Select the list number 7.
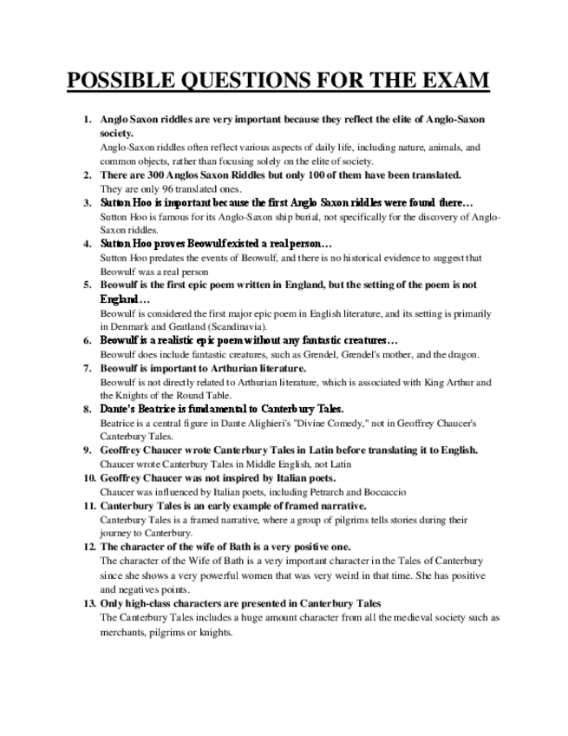(88, 368)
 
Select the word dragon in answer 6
(451, 354)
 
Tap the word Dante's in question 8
(120, 408)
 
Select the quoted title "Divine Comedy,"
(330, 423)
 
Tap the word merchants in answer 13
(125, 632)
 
